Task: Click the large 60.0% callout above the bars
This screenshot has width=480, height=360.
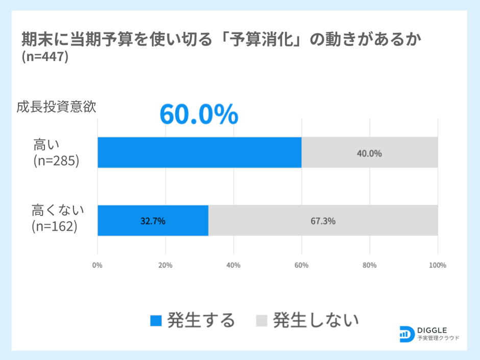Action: click(199, 114)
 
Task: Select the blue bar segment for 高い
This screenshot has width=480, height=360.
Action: click(199, 152)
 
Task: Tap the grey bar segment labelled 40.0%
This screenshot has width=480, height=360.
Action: click(369, 152)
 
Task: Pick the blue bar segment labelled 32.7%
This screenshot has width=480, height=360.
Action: click(153, 221)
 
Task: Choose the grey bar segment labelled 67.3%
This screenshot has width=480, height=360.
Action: click(323, 221)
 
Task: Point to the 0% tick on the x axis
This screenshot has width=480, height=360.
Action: click(98, 265)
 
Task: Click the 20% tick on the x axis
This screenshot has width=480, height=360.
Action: click(165, 265)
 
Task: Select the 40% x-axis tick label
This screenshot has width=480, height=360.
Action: click(233, 265)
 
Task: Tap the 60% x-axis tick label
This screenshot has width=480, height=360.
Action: click(301, 265)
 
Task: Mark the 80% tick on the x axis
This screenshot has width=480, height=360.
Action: click(369, 265)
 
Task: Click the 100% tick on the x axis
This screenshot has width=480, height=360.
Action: click(438, 265)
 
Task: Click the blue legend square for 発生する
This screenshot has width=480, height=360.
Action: click(156, 321)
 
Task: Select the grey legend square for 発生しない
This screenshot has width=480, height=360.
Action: click(261, 321)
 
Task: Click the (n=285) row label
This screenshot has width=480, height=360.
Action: click(56, 160)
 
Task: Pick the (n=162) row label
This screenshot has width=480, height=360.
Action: click(55, 226)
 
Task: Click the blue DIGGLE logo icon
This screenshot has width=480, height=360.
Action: click(406, 333)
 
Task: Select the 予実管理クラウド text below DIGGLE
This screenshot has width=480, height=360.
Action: click(438, 338)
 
